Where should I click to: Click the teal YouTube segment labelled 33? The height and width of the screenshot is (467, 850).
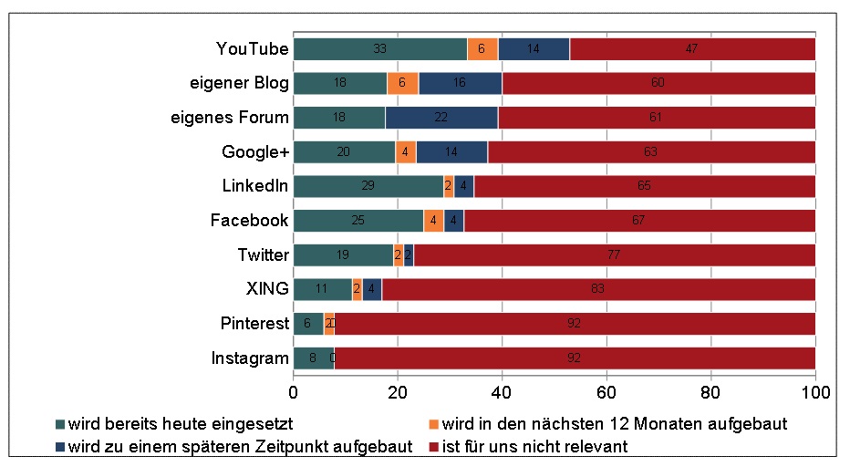click(x=380, y=49)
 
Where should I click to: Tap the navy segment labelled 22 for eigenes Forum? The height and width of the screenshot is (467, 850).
click(x=441, y=118)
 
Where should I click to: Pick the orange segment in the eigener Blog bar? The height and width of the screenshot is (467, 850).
click(x=402, y=83)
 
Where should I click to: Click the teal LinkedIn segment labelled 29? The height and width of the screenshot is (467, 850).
click(x=368, y=186)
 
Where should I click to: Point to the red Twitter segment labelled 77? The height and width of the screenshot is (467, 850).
click(x=614, y=255)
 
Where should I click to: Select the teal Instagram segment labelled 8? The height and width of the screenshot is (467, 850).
click(x=313, y=358)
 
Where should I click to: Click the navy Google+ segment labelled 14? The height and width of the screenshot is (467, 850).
click(x=451, y=151)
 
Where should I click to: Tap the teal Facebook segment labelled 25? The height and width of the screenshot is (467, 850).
click(x=358, y=221)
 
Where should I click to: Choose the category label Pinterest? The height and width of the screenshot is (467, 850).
click(x=254, y=324)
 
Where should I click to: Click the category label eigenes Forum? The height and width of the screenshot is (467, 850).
click(x=231, y=118)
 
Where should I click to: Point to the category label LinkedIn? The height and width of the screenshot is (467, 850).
click(x=254, y=186)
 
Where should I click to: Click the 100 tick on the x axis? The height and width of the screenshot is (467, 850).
click(x=814, y=392)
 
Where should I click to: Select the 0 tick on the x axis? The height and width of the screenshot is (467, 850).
click(x=294, y=392)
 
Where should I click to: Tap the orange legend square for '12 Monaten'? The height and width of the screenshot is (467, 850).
click(x=434, y=424)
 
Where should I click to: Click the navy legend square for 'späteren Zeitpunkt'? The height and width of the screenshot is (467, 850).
click(x=60, y=446)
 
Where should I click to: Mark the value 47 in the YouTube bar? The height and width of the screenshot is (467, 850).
click(x=692, y=49)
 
